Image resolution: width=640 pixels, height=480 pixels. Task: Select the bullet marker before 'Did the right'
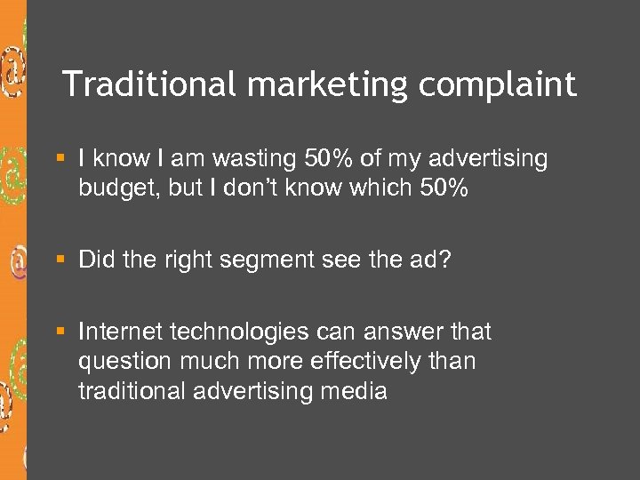pyautogui.click(x=60, y=260)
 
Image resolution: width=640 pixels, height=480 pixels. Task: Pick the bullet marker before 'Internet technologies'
pyautogui.click(x=60, y=332)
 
